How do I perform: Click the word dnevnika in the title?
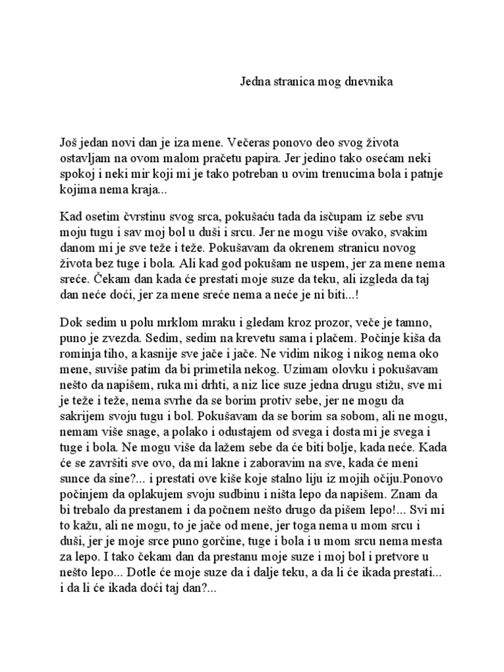click(366, 81)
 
